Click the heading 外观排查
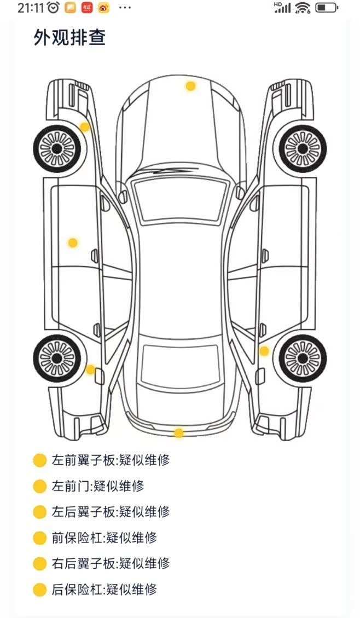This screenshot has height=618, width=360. pyautogui.click(x=69, y=38)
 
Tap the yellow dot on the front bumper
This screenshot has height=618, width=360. pyautogui.click(x=190, y=86)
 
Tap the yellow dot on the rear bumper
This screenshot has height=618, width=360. pyautogui.click(x=178, y=433)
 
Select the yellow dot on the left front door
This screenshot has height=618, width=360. pyautogui.click(x=73, y=242)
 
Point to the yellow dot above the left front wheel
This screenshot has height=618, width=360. pyautogui.click(x=84, y=127)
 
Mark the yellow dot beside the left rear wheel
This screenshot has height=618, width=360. pyautogui.click(x=90, y=369)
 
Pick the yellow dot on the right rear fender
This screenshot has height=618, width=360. pyautogui.click(x=264, y=351)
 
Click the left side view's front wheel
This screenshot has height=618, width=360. pyautogui.click(x=57, y=148)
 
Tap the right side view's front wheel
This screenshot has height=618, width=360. pyautogui.click(x=303, y=148)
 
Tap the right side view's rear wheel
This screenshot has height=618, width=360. pyautogui.click(x=303, y=359)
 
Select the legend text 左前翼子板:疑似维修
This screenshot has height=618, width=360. pyautogui.click(x=111, y=460)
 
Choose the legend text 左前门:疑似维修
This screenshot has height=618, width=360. pyautogui.click(x=98, y=486)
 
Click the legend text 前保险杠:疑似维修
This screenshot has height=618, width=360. pyautogui.click(x=104, y=538)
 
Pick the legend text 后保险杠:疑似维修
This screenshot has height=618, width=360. pyautogui.click(x=104, y=590)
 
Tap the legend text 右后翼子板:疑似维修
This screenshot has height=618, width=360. pyautogui.click(x=111, y=564)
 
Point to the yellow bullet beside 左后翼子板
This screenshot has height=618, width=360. pyautogui.click(x=39, y=512)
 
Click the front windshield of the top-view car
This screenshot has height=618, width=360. pyautogui.click(x=180, y=200)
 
